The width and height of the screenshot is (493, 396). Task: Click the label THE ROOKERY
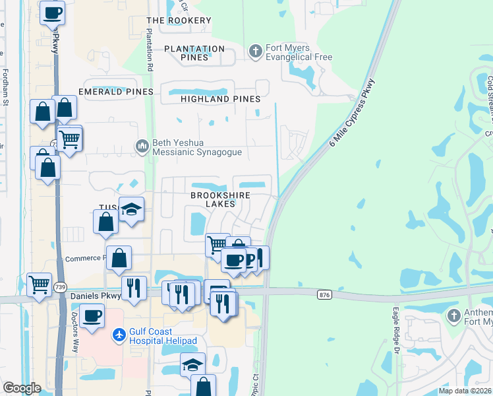click(x=179, y=20)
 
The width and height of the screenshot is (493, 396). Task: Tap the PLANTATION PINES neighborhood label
click(x=194, y=53)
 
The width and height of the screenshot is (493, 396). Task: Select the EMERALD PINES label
click(x=115, y=91)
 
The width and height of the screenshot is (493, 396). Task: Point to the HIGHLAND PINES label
click(x=220, y=99)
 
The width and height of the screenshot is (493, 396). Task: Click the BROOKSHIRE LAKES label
click(x=212, y=199)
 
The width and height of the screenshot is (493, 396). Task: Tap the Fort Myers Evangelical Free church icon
click(x=256, y=50)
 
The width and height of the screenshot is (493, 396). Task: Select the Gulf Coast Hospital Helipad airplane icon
click(x=119, y=335)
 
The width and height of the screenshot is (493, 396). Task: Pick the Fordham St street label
click(x=5, y=88)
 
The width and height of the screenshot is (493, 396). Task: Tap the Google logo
click(x=22, y=388)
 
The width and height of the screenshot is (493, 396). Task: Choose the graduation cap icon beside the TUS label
click(x=131, y=209)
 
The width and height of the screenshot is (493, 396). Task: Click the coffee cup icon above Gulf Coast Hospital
click(x=92, y=315)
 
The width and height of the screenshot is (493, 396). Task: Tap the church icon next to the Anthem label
click(x=453, y=316)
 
